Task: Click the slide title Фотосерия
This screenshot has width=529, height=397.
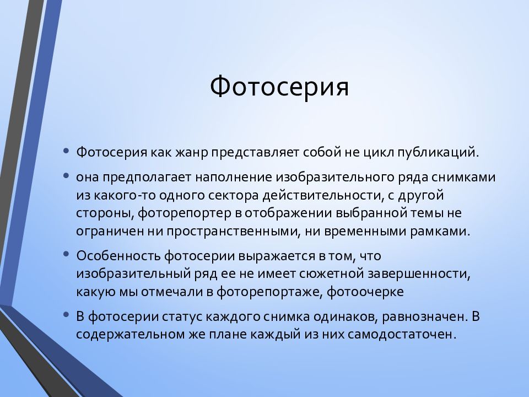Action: pos(279,87)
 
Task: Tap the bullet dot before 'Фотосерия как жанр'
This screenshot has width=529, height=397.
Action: pos(66,151)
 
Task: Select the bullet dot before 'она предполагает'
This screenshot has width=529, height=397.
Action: pos(66,175)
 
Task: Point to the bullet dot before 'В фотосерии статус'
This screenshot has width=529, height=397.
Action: pos(66,315)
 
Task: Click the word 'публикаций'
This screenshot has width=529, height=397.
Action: pos(438,153)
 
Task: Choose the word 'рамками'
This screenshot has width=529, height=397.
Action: pos(440,232)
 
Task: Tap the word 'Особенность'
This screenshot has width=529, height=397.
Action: pos(118,256)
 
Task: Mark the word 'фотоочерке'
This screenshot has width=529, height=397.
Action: pos(365,292)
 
